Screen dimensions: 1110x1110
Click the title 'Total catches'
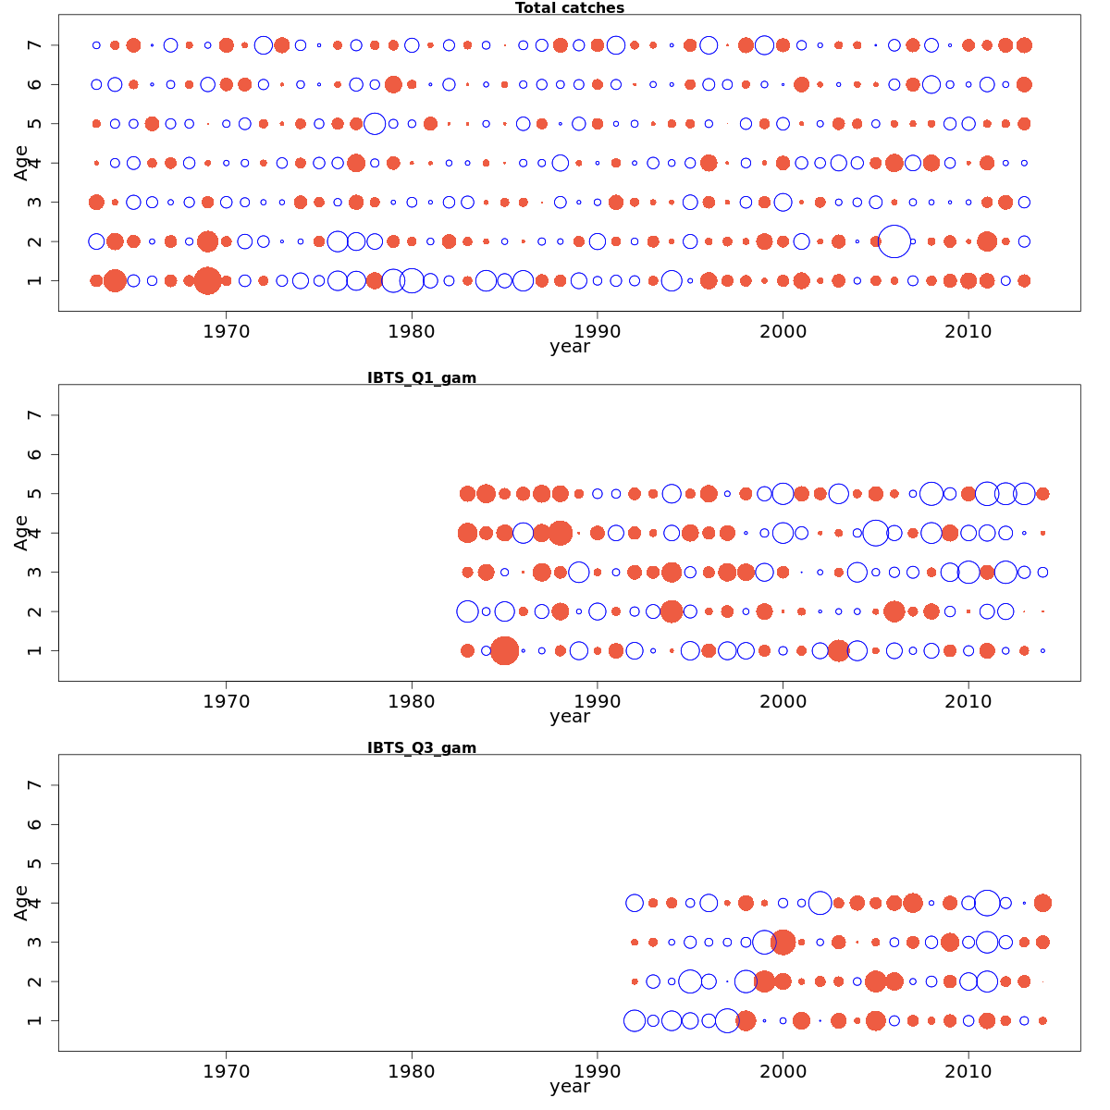[x=569, y=8]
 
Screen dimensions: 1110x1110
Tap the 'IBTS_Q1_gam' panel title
[x=422, y=377]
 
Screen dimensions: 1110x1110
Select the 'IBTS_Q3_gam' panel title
[x=422, y=747]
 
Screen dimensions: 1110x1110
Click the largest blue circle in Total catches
[x=894, y=240]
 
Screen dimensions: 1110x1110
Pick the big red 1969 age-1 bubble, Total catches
[x=207, y=280]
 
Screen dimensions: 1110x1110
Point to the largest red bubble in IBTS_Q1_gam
[x=504, y=650]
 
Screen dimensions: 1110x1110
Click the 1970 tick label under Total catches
[x=227, y=331]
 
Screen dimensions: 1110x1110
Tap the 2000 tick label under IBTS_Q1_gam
[x=783, y=700]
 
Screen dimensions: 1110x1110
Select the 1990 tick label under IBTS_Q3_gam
[x=598, y=1070]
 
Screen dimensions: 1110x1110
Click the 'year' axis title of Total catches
[x=569, y=347]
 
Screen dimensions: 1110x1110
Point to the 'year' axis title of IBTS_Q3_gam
[x=569, y=1086]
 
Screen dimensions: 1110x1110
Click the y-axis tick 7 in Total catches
[x=35, y=45]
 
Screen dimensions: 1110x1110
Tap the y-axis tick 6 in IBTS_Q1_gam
[x=35, y=454]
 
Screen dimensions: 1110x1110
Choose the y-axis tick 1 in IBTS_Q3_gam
[x=35, y=1020]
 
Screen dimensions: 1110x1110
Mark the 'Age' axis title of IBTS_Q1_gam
[x=21, y=533]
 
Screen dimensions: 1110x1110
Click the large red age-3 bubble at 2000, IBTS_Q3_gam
[x=783, y=942]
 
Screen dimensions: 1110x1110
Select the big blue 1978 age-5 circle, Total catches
[x=375, y=123]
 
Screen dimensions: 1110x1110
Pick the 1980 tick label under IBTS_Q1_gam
[x=413, y=700]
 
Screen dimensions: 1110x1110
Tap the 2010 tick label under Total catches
[x=968, y=331]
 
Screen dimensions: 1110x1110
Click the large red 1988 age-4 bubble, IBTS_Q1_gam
[x=560, y=533]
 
